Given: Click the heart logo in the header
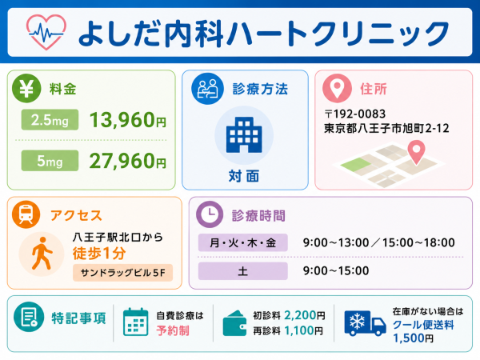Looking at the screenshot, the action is coord(46,32).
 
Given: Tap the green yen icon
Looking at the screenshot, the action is coord(26,88).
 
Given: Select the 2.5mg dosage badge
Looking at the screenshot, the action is coord(50,120).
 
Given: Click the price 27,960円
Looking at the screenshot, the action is coord(128,161).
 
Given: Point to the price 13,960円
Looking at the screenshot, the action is coord(128,120).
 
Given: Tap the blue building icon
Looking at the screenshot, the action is coord(244,134).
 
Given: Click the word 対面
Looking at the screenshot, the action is coord(244,176).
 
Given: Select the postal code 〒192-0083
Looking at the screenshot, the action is coord(355,114).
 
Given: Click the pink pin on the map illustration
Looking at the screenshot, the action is coord(416,151).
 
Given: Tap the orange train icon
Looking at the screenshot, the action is coord(26,214).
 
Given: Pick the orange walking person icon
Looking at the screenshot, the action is coord(42,254).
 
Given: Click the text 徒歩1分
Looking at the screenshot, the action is coord(99,253).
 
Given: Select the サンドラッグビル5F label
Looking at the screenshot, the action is coord(122,273).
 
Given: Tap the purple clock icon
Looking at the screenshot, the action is coord(210,214).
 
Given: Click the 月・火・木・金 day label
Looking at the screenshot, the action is coord(243,242).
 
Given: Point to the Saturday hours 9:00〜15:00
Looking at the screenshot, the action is coord(336,270).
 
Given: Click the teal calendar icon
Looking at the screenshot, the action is coord(136,322).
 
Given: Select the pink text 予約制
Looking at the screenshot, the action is coord(173,330).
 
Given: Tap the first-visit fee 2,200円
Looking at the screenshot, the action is coord(305,315).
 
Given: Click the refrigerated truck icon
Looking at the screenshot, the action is coord(365,323).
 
